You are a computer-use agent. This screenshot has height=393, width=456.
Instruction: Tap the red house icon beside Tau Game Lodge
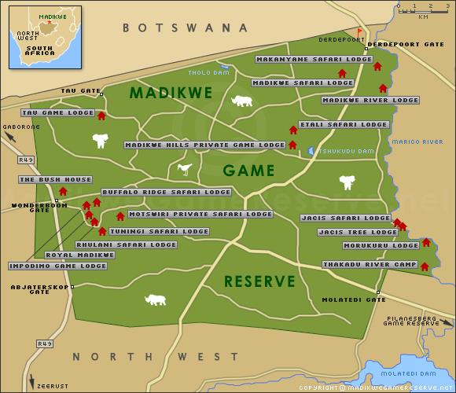click(x=101, y=116)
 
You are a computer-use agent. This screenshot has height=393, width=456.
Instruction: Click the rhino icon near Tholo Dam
click(x=242, y=101)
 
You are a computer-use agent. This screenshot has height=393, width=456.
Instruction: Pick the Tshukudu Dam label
click(x=340, y=151)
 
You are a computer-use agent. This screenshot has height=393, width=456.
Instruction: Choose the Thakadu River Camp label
click(x=370, y=265)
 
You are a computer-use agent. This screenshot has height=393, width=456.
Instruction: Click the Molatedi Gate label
click(x=354, y=299)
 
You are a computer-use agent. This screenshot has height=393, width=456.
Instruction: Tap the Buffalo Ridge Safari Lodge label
click(x=166, y=192)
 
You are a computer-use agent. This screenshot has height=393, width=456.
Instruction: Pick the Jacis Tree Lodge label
click(x=358, y=233)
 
